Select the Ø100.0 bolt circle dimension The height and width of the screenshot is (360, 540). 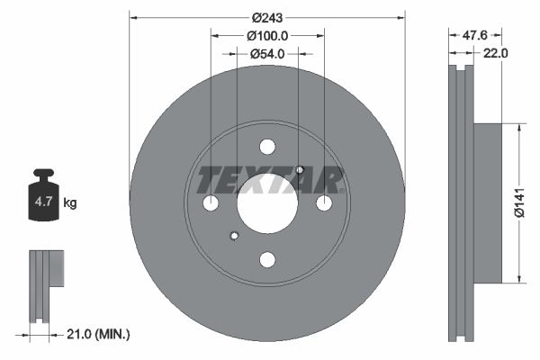(x=267, y=36)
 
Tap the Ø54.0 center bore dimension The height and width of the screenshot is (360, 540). (x=267, y=54)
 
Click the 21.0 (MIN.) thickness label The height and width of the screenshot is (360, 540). (x=100, y=334)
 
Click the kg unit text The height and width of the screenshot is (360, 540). (x=70, y=203)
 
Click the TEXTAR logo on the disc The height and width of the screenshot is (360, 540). (x=268, y=180)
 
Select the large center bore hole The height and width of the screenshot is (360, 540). (x=267, y=202)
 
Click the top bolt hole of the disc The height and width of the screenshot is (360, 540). (x=267, y=147)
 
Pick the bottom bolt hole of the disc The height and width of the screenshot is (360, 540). (x=267, y=259)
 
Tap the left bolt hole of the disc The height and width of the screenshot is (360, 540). (x=211, y=203)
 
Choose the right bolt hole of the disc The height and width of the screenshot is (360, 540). (x=324, y=203)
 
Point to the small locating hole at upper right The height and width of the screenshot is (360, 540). (x=300, y=170)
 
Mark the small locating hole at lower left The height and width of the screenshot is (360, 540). (x=235, y=236)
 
